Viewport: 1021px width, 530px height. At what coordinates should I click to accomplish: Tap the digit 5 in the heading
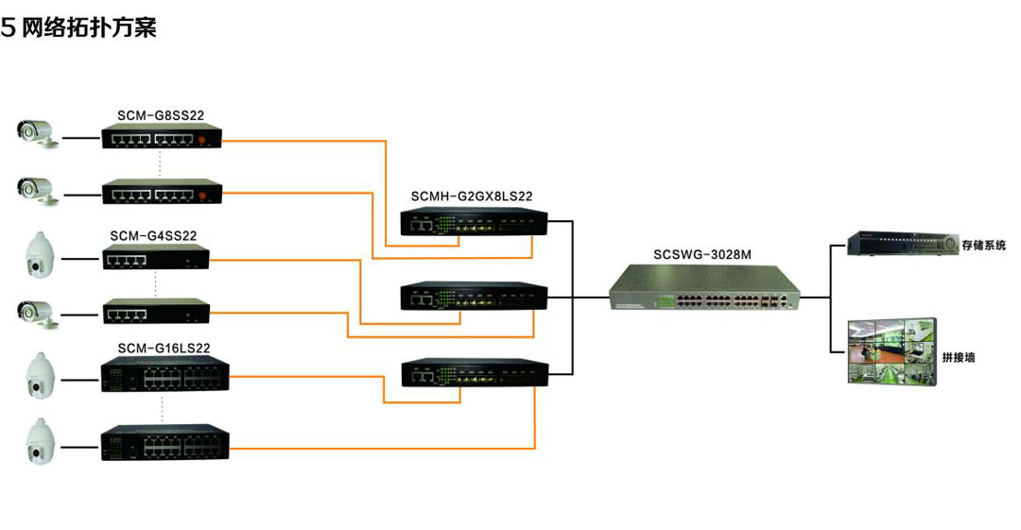pos(9,28)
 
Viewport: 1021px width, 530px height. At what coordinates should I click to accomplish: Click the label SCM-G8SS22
pos(161,115)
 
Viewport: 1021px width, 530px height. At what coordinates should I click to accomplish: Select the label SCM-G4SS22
pos(153,235)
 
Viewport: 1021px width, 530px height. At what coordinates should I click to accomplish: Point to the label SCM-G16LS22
pos(164,348)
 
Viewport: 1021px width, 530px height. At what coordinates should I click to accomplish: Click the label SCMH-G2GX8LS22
pos(472,197)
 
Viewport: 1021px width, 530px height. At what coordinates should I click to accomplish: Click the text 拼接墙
pos(959,357)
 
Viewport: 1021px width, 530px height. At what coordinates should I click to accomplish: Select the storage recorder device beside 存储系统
pos(898,244)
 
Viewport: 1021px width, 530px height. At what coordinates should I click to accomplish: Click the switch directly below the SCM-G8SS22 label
pos(162,139)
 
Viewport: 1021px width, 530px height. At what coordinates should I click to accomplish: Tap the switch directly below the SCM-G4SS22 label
pos(155,258)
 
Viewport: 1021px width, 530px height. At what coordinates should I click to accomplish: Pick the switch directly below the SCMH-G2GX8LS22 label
pos(474,224)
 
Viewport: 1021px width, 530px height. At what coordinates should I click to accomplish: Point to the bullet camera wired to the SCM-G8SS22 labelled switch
pos(38,132)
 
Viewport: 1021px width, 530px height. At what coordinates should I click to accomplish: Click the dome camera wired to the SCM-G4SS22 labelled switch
pos(41,256)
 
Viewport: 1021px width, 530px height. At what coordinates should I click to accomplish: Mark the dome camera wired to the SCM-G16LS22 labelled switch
pos(41,373)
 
